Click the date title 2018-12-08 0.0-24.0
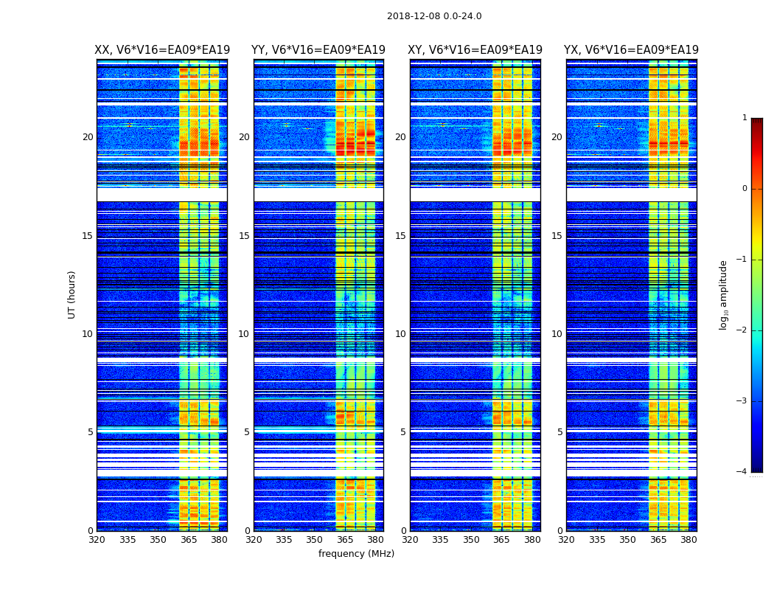pos(434,16)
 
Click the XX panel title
pos(162,50)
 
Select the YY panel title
pos(318,50)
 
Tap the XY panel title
pos(475,50)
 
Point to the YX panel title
pos(631,50)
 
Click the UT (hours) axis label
pos(72,294)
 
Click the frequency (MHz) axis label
pos(356,554)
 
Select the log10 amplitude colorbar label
pos(724,294)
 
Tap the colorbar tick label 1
pos(745,118)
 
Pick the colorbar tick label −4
pos(742,472)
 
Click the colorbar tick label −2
pos(742,330)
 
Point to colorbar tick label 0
pos(745,189)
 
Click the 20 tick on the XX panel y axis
pos(88,137)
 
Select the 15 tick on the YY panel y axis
pos(244,236)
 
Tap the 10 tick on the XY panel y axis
pos(400,334)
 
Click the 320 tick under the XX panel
pos(97,540)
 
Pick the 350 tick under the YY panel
pos(315,540)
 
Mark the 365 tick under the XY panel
pos(501,540)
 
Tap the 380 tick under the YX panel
pos(688,540)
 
